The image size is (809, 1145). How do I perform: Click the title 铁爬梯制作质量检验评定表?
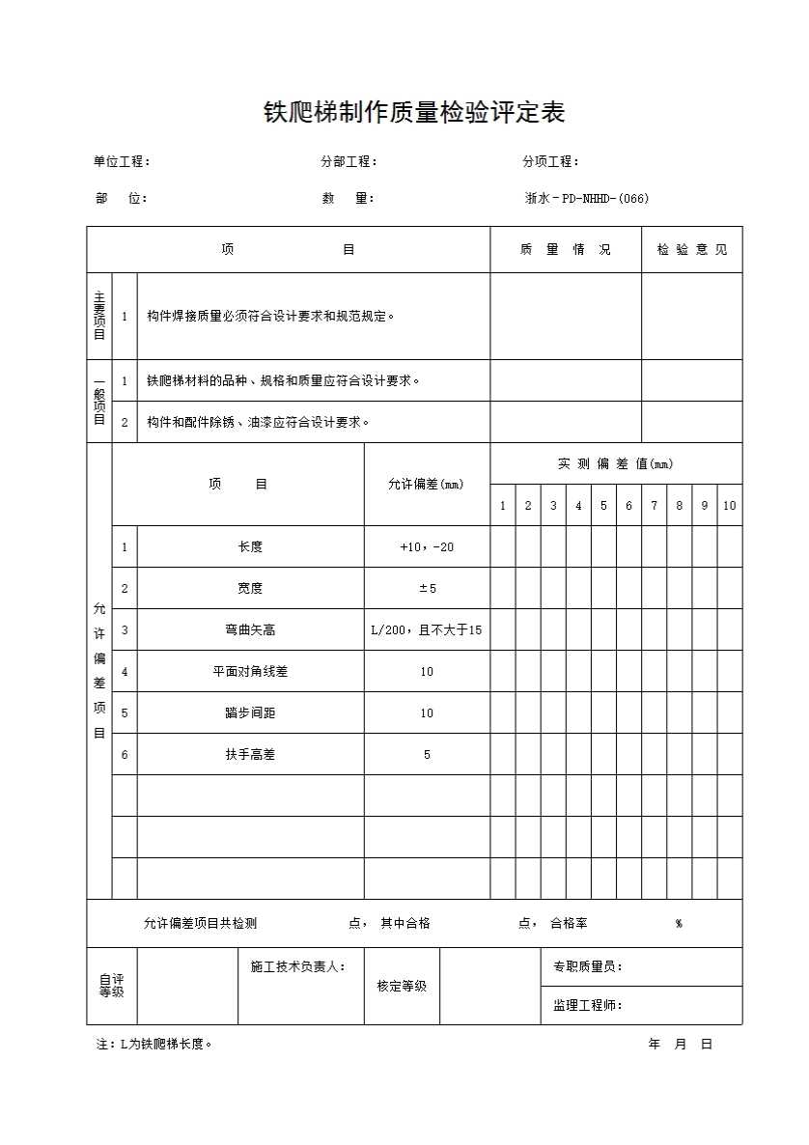[x=414, y=113]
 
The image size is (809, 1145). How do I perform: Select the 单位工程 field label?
[x=122, y=162]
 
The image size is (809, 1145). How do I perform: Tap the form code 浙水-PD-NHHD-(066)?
[x=587, y=199]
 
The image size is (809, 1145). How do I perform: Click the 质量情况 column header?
[x=565, y=250]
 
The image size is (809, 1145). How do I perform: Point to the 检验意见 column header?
[x=692, y=250]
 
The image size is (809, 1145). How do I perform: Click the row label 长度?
[x=250, y=547]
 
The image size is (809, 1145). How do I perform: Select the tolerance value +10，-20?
[x=427, y=547]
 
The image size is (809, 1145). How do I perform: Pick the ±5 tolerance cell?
[x=427, y=589]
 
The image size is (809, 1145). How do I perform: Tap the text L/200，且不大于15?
[x=427, y=630]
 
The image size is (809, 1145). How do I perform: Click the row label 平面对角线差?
[x=250, y=672]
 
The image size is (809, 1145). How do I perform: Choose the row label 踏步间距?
[x=250, y=713]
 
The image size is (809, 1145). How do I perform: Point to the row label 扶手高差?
[x=250, y=755]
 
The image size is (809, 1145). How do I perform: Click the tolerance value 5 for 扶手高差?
[x=427, y=755]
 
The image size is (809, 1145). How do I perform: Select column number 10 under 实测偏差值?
[x=729, y=506]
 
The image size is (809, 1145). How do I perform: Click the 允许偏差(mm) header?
[x=426, y=485]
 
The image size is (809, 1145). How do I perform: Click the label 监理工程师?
[x=587, y=1006]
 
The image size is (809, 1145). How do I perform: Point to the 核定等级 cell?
[x=402, y=987]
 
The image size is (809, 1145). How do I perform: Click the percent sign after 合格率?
[x=679, y=924]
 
